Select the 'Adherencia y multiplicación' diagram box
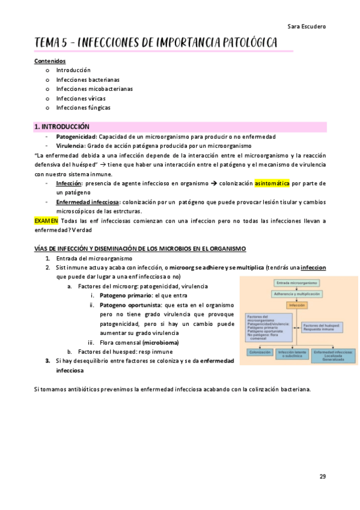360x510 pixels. pos(297,293)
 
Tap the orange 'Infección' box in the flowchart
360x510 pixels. pos(297,306)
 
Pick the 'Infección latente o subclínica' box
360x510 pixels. pos(293,354)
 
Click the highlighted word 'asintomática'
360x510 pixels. pos(272,183)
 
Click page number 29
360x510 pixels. pos(323,476)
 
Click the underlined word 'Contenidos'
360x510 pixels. pos(50,61)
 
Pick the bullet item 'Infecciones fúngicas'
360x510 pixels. pos(83,108)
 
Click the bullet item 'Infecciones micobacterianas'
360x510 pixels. pos(94,89)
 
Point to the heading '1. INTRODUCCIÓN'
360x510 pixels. pos(62,127)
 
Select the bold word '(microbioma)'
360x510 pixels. pos(160,342)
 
